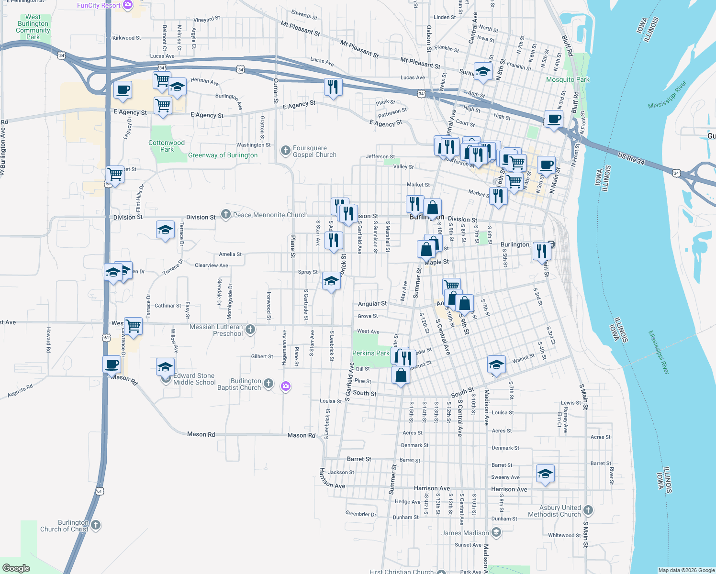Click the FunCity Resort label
click(x=99, y=5)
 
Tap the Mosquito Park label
click(x=568, y=79)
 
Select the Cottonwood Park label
click(x=167, y=146)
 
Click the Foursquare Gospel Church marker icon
click(x=286, y=151)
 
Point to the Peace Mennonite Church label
click(x=270, y=215)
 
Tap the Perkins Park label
click(x=370, y=353)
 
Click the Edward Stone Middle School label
click(x=194, y=379)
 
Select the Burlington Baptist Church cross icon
click(x=268, y=383)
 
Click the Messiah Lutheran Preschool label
click(x=216, y=330)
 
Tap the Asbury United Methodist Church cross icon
click(x=588, y=510)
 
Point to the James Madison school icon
click(x=496, y=532)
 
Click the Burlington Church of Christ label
click(x=65, y=526)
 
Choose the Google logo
click(x=16, y=568)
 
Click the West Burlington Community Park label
click(x=33, y=27)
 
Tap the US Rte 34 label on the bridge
click(x=631, y=159)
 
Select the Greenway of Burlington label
click(x=223, y=155)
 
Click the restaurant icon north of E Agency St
click(x=333, y=87)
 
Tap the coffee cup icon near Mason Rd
click(x=112, y=364)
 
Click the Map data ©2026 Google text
click(x=686, y=570)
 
